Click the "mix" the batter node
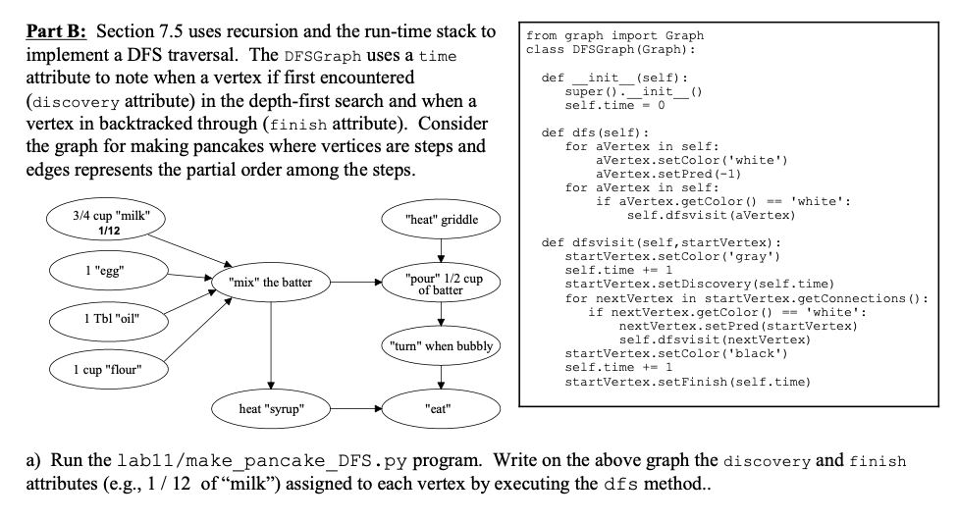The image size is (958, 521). click(x=270, y=283)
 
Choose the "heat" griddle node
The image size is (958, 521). click(x=441, y=219)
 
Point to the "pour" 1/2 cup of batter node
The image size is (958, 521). click(x=441, y=283)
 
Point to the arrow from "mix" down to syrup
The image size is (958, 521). click(x=270, y=343)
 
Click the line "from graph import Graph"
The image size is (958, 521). click(x=614, y=35)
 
